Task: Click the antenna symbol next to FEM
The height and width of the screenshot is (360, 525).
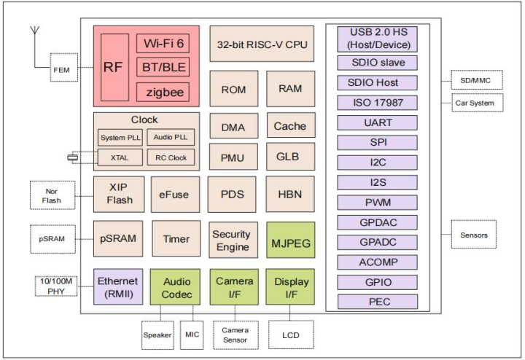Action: [x=34, y=36]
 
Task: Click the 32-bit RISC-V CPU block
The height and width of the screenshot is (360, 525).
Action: [x=262, y=44]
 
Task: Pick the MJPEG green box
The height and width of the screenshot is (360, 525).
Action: [x=290, y=239]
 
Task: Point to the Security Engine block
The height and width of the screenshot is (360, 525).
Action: [x=231, y=240]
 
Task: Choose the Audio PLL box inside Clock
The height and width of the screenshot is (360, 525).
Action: [x=171, y=138]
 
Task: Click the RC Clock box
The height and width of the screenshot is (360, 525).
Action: [x=171, y=157]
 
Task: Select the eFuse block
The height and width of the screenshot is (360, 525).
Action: [x=174, y=194]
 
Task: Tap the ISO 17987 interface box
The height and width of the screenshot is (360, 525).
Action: [x=378, y=103]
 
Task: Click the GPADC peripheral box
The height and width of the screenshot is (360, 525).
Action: [x=378, y=242]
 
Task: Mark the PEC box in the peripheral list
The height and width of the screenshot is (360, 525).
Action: [x=378, y=301]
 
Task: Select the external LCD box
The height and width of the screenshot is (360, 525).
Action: [x=290, y=334]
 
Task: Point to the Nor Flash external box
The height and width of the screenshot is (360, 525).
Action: [x=51, y=195]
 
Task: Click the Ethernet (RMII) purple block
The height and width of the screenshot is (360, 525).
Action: [x=117, y=287]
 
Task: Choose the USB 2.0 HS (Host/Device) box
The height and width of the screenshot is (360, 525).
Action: [x=378, y=38]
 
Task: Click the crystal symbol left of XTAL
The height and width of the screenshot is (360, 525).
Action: [x=73, y=157]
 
